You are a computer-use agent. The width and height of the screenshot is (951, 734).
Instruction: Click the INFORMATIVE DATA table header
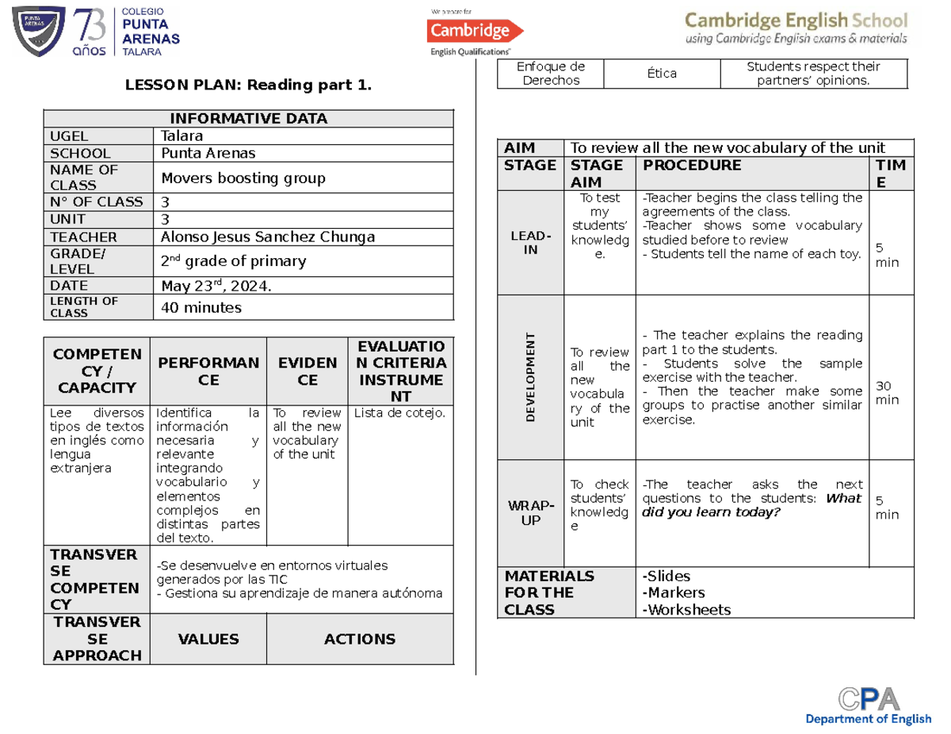pyautogui.click(x=248, y=119)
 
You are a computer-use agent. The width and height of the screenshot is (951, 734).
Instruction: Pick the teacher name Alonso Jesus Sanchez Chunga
pyautogui.click(x=268, y=237)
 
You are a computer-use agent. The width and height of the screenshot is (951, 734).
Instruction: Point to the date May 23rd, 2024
pyautogui.click(x=216, y=286)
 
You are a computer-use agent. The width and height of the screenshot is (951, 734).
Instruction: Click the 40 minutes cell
pyautogui.click(x=201, y=307)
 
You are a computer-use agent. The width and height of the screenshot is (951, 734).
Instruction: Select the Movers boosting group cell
pyautogui.click(x=243, y=178)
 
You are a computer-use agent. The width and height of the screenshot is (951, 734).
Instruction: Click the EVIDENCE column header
pyautogui.click(x=307, y=371)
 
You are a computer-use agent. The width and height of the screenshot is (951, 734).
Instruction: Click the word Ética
pyautogui.click(x=661, y=74)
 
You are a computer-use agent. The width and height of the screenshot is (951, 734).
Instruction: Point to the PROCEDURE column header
pyautogui.click(x=692, y=165)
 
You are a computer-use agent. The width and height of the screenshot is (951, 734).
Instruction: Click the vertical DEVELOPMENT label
pyautogui.click(x=530, y=378)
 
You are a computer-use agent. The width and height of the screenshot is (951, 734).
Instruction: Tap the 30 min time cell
pyautogui.click(x=886, y=392)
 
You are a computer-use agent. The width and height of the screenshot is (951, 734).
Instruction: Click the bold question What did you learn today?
pyautogui.click(x=751, y=505)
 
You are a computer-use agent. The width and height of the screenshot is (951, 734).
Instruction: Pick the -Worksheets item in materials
pyautogui.click(x=687, y=610)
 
